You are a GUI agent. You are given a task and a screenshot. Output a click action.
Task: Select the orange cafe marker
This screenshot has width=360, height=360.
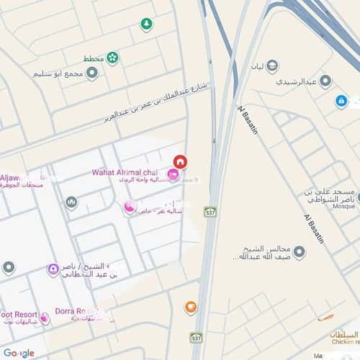pos(191,307)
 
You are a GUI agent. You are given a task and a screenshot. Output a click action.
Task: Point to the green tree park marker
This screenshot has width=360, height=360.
pos(146,24)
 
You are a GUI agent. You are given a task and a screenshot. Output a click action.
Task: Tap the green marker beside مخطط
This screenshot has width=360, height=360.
pos(112,58)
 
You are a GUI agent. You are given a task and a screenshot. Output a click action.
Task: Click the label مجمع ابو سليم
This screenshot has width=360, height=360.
pos(58,74)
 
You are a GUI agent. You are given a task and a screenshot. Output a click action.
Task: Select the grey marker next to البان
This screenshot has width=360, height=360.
pos(273,67)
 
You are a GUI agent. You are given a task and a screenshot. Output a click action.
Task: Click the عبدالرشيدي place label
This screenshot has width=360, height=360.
pos(297,81)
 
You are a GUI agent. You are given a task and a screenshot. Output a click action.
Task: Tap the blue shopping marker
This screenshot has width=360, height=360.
pos(341,102)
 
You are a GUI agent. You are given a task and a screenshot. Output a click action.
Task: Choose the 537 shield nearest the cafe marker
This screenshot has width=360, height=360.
pos(196,337)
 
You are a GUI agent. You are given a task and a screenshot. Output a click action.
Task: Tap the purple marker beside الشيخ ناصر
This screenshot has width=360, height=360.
pos(53,270)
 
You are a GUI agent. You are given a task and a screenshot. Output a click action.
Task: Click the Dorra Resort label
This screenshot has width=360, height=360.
pos(76,312)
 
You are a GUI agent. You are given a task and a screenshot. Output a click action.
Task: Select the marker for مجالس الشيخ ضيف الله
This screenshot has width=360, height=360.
pos(299,252)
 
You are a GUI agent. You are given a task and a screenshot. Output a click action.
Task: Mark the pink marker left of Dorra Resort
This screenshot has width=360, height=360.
pos(45,318)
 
